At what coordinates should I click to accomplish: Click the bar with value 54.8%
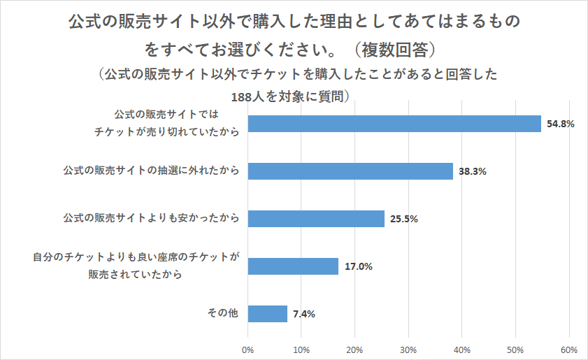[x=394, y=124]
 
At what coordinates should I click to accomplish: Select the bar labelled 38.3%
[x=350, y=171]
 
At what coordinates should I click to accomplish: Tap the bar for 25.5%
[x=316, y=219]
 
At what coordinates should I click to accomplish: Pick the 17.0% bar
[x=293, y=266]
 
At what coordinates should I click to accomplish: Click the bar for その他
[x=268, y=314]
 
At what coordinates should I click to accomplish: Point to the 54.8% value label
[x=561, y=124]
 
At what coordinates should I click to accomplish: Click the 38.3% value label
[x=473, y=172]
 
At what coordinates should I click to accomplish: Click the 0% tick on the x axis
[x=248, y=349]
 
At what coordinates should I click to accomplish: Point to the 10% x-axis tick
[x=301, y=349]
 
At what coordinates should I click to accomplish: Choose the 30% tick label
[x=408, y=349]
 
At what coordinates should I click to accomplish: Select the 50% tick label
[x=515, y=349]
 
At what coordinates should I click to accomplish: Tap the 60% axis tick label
[x=568, y=349]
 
